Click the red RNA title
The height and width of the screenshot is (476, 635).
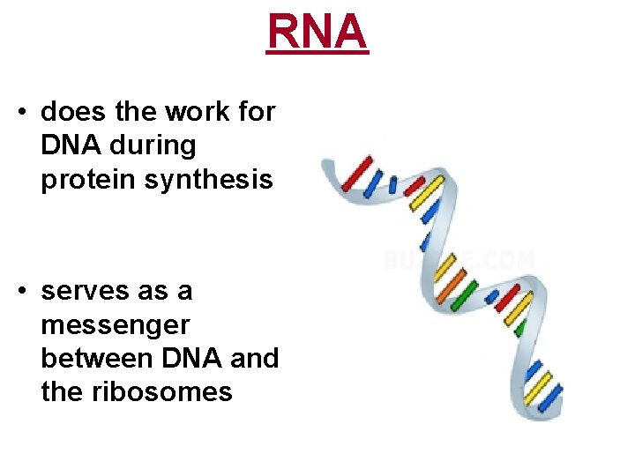coord(317,33)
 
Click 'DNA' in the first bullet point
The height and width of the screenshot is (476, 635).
coord(70,145)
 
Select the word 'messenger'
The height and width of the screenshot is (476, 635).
coord(115,324)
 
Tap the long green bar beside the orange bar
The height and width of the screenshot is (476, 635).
coord(462,294)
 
